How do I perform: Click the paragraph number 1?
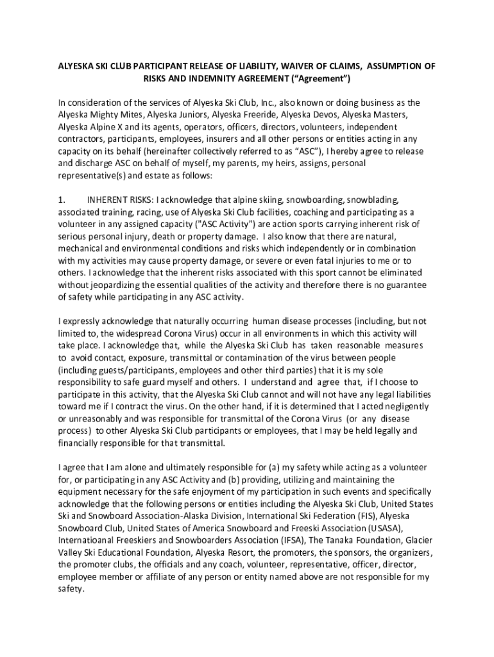click(62, 200)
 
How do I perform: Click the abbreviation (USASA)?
click(385, 529)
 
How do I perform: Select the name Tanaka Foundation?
click(344, 541)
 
